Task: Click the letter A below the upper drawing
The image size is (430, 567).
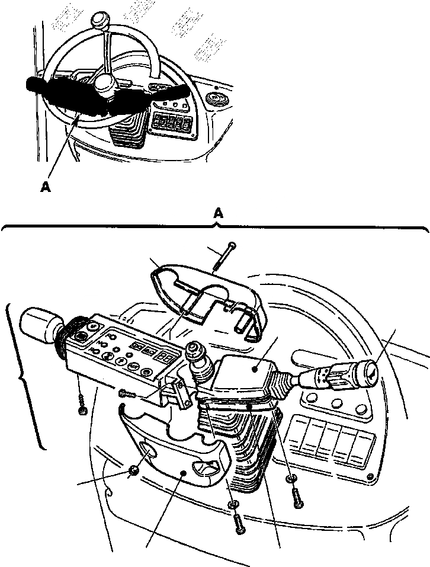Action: tap(46, 187)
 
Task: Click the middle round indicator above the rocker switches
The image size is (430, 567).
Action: tap(338, 406)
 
